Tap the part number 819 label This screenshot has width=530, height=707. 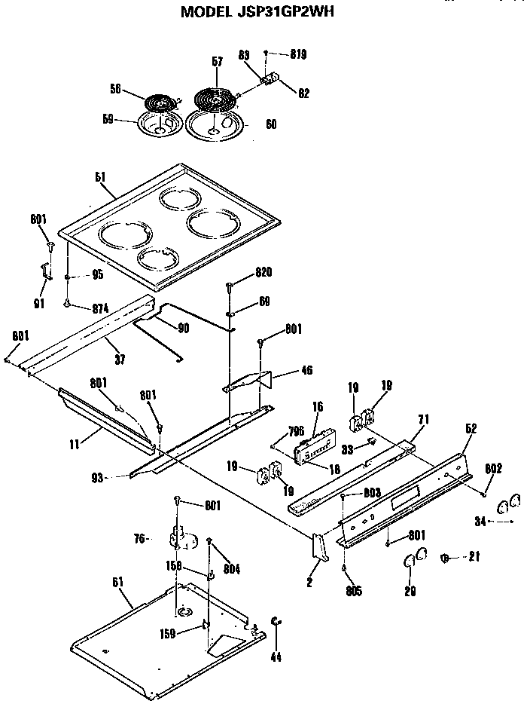(297, 54)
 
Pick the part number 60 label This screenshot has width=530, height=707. (271, 124)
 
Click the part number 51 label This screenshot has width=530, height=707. (100, 176)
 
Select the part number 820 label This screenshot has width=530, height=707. (263, 272)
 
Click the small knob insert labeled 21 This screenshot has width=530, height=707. (443, 558)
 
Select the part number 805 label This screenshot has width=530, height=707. (353, 591)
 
